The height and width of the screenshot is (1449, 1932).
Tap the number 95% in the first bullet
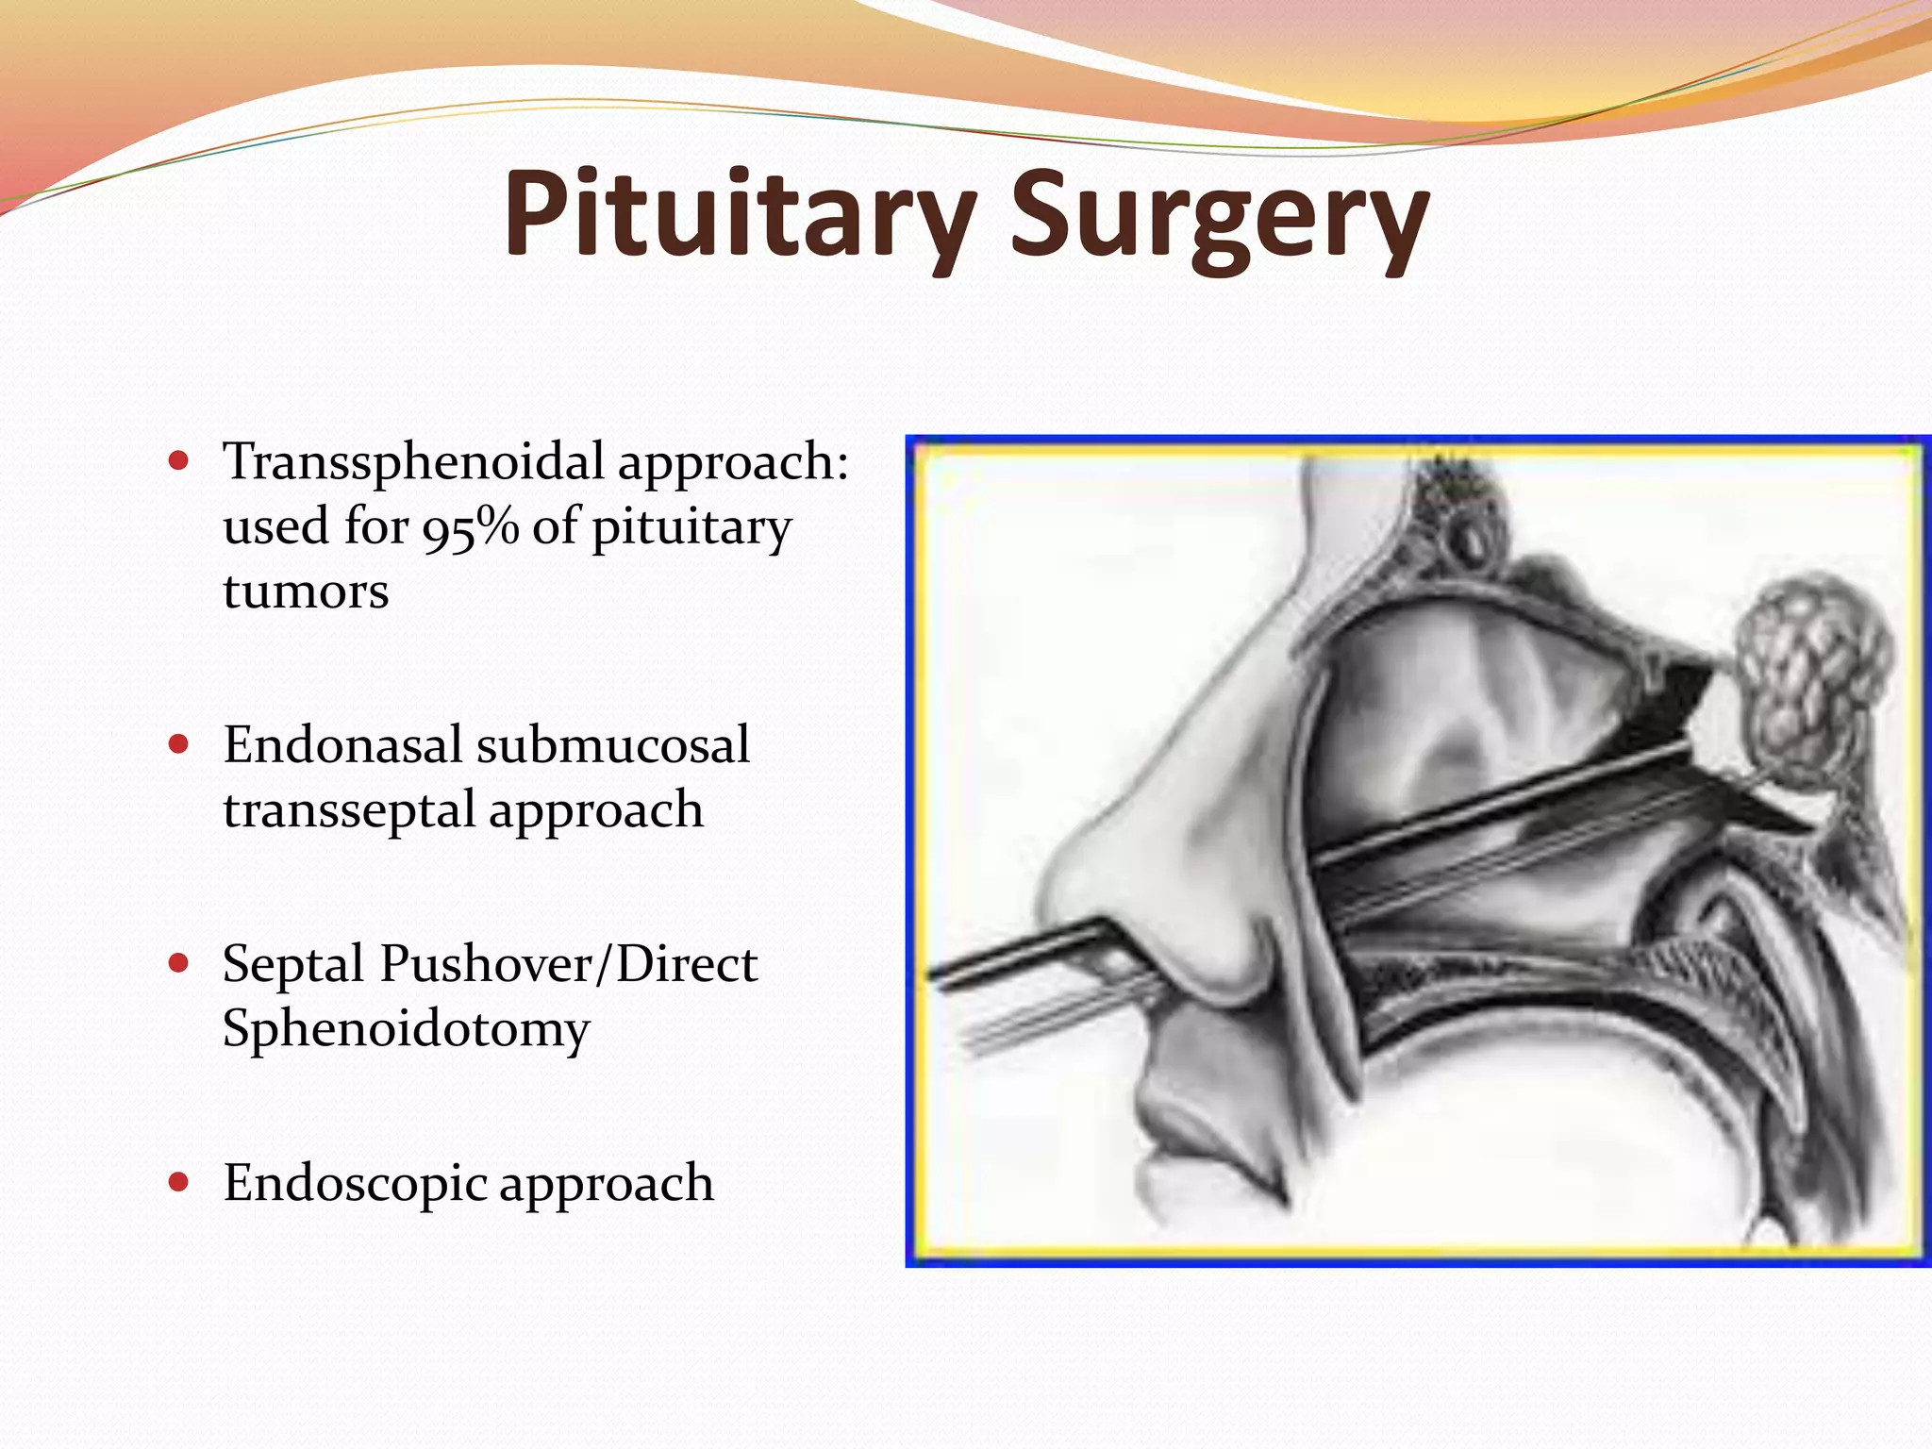tap(470, 527)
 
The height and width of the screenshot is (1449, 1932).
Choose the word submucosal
tap(613, 745)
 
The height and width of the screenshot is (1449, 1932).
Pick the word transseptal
tap(348, 809)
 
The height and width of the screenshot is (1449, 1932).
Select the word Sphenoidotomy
tap(406, 1028)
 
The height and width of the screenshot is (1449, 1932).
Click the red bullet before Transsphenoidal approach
tap(178, 463)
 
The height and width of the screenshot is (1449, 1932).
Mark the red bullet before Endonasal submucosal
tap(178, 745)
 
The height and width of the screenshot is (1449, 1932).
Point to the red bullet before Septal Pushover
tap(178, 964)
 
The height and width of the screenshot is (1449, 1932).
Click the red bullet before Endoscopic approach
tap(178, 1182)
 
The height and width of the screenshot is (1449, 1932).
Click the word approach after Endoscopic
tap(606, 1185)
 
